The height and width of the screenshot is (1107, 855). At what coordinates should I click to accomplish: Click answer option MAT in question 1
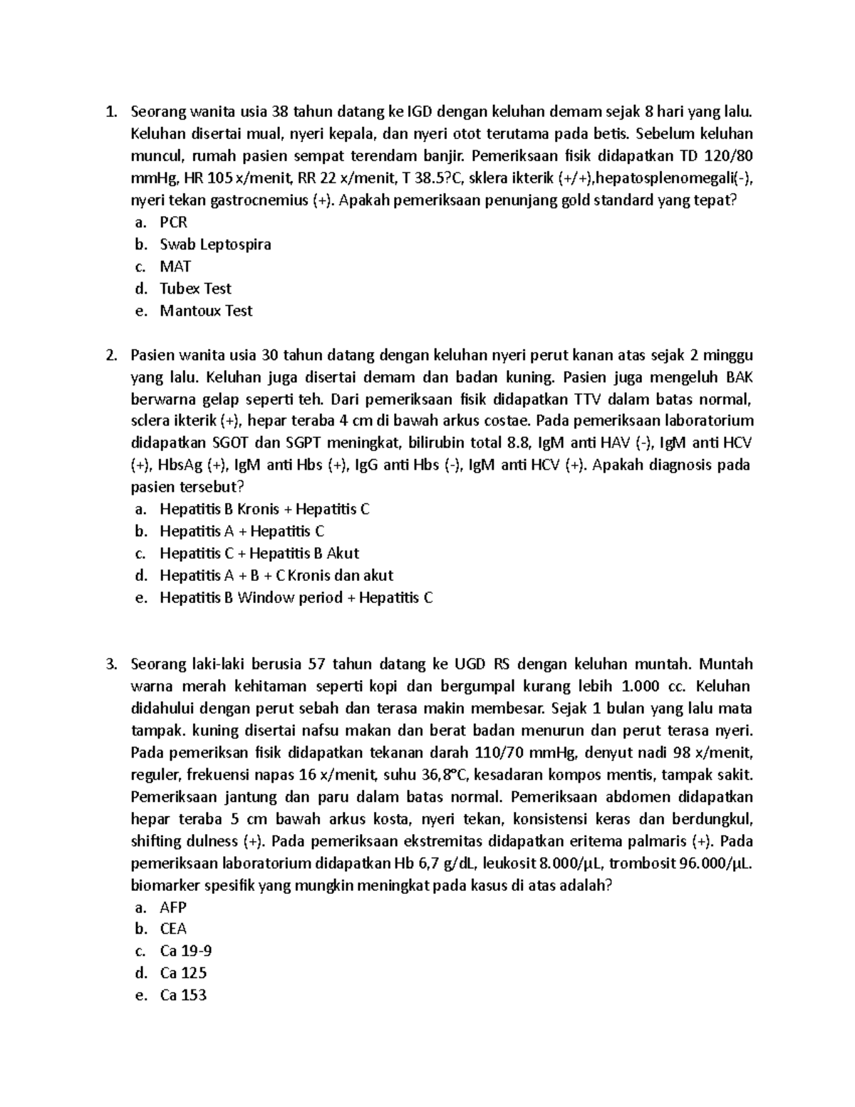coord(175,267)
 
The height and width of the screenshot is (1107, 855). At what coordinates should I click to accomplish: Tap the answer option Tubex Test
coord(195,289)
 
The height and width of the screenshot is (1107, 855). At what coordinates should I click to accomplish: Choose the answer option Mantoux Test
coord(206,311)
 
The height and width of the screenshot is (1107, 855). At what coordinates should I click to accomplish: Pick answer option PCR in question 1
coord(173,222)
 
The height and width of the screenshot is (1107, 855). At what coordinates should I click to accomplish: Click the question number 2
coord(110,355)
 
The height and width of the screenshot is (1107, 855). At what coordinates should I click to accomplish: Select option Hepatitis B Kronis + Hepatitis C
coord(264,509)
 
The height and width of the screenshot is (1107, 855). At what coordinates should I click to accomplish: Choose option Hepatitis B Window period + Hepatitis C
coord(296,597)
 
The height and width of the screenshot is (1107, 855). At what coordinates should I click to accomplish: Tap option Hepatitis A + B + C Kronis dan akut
coord(276,575)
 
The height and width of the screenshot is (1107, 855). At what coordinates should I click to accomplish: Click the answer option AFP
coord(173,907)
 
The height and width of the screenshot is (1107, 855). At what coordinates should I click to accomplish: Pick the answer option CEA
coord(173,929)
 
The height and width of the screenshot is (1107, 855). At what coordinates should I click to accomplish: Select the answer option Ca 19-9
coord(185,951)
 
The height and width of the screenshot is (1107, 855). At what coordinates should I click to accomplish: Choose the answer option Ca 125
coord(183,973)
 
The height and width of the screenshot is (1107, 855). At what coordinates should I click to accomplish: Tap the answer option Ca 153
coord(183,995)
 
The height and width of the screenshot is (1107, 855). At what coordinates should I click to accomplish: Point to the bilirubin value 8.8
coord(520,443)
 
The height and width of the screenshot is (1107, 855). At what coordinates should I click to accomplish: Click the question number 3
coord(110,664)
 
